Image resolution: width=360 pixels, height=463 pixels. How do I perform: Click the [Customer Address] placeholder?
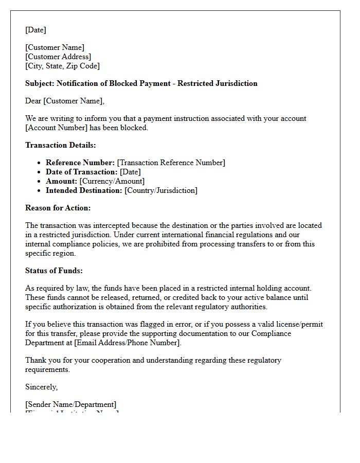click(58, 57)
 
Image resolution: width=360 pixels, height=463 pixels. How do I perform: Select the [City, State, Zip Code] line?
click(62, 66)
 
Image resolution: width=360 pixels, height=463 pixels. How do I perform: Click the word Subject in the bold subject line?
click(40, 83)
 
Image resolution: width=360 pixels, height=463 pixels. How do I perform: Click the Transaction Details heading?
click(60, 145)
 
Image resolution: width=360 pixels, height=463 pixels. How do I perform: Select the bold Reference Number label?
click(80, 163)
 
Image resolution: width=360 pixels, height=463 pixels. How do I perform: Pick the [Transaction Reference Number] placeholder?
click(171, 163)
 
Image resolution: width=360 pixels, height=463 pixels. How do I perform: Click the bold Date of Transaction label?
click(82, 172)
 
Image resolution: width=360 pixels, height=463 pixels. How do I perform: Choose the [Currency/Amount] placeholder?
click(112, 181)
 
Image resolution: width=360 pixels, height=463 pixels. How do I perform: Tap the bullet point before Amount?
click(40, 181)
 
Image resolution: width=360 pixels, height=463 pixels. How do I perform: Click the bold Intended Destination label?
click(84, 190)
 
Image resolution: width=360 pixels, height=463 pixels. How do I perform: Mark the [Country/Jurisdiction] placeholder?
click(160, 190)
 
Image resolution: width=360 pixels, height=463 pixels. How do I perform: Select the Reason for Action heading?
click(58, 208)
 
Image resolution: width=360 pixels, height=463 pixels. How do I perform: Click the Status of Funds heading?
click(53, 271)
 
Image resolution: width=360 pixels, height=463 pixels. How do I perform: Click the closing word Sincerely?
click(41, 387)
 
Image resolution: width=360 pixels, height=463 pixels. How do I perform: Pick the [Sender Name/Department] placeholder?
click(71, 404)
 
